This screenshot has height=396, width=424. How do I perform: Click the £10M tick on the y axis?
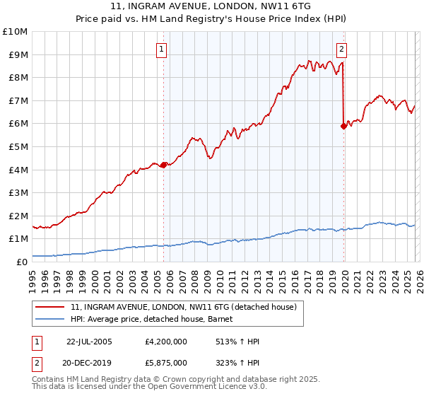[x=14, y=32]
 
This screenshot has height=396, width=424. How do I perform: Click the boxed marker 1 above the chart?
[x=163, y=49]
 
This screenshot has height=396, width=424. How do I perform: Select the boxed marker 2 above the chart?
[x=342, y=49]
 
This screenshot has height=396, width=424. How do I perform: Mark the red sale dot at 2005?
[x=164, y=165]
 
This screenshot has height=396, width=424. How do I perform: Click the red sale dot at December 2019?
[x=343, y=127]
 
